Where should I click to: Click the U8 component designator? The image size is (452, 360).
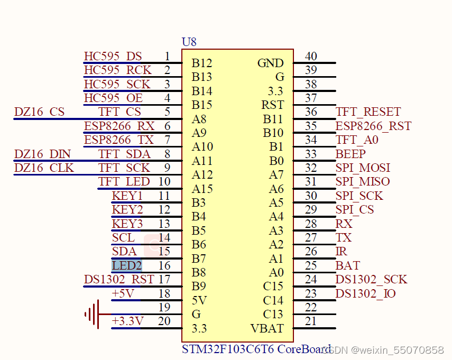click(x=189, y=42)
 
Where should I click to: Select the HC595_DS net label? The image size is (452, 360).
click(x=113, y=57)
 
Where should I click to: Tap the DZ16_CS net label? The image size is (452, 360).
click(x=39, y=112)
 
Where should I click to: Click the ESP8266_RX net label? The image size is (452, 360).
click(x=119, y=126)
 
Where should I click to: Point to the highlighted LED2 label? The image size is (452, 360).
click(x=127, y=265)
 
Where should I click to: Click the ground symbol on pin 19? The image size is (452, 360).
click(x=92, y=315)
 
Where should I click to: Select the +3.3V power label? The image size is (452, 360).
click(x=127, y=321)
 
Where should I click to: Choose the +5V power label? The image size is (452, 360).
click(x=123, y=293)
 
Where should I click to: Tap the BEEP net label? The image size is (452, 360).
click(x=350, y=154)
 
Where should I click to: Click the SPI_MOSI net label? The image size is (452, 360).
click(x=363, y=168)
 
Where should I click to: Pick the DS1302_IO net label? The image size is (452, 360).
click(x=365, y=293)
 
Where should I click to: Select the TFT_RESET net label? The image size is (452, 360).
click(x=368, y=112)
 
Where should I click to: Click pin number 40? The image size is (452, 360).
click(x=311, y=57)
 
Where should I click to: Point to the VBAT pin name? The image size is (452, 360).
click(x=267, y=328)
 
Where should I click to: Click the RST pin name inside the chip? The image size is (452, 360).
click(x=272, y=105)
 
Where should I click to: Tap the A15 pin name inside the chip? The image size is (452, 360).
click(x=202, y=189)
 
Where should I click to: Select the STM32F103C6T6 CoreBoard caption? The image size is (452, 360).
click(x=256, y=349)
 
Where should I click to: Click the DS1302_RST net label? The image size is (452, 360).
click(x=119, y=279)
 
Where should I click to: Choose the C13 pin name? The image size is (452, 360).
click(x=273, y=315)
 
